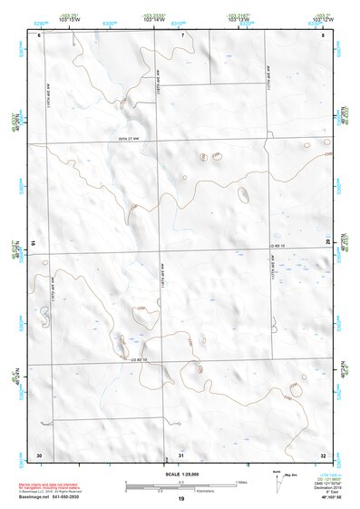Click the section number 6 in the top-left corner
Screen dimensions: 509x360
39,35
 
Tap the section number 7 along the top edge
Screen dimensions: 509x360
181,35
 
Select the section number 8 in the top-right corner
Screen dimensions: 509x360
323,35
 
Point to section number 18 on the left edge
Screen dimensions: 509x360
34,244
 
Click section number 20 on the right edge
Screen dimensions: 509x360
327,242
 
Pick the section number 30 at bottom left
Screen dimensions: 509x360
39,455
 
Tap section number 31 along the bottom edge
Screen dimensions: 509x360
181,455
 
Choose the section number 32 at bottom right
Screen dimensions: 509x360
322,455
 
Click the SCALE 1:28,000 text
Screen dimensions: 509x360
180,474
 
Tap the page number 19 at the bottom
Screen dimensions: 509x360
180,499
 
